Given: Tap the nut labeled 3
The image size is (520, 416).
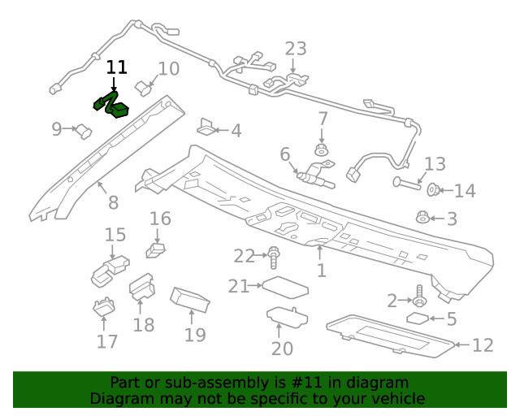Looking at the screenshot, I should [x=422, y=218].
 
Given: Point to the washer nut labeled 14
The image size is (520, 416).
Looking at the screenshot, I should [x=435, y=191].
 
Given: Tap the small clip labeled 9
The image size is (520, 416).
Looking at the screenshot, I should [x=82, y=129].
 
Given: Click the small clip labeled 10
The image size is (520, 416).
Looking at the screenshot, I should [x=143, y=87].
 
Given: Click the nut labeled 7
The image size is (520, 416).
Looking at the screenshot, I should [x=323, y=149].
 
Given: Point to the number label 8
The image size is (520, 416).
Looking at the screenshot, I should [x=113, y=203].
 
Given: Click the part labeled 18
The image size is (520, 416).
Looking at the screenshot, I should [x=141, y=286].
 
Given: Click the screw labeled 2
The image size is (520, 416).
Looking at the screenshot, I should [x=419, y=294].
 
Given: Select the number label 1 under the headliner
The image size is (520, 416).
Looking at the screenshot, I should [x=322, y=271].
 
